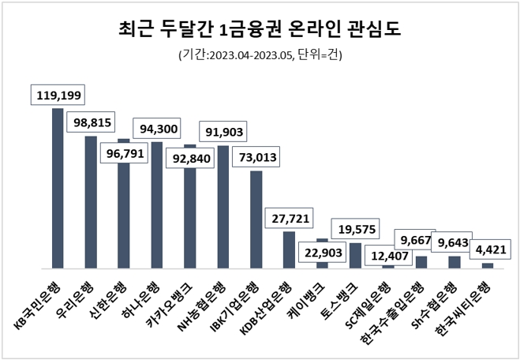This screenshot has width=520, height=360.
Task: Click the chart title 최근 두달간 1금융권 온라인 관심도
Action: point(260,30)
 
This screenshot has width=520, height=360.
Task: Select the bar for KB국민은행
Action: point(58,189)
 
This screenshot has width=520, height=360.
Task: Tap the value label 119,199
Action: point(58,96)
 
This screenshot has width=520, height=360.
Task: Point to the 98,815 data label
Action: point(91,122)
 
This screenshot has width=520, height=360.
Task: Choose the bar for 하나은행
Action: point(157,205)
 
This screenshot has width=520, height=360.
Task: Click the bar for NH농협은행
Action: point(223,207)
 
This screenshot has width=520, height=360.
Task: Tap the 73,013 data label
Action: point(256,158)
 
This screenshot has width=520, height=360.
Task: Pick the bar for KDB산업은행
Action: point(289,250)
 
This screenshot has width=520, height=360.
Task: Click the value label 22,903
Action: point(322,253)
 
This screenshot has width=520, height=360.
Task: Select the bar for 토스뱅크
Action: point(355,256)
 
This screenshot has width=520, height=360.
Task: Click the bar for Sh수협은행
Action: point(455,262)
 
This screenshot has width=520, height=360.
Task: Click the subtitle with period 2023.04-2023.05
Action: point(260,56)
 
